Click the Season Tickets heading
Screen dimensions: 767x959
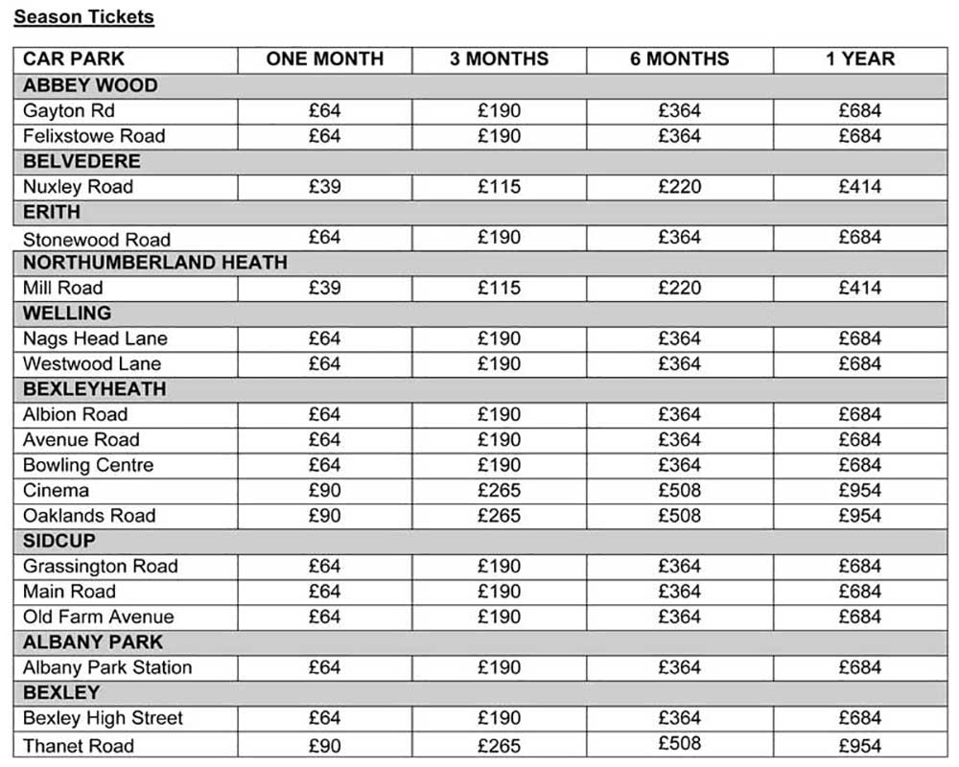[x=83, y=16]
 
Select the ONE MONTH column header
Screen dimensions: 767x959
[x=324, y=59]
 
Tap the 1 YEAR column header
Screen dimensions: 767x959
[x=859, y=59]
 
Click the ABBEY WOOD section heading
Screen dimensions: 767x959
[x=90, y=85]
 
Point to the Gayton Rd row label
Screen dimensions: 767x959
[x=69, y=110]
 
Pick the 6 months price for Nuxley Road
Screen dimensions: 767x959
[x=679, y=186]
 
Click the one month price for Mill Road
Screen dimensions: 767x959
[x=324, y=288]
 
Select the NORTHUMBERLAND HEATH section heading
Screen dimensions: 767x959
[x=154, y=262]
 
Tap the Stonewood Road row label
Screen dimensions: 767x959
[x=96, y=239]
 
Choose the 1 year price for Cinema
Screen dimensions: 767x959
[x=859, y=490]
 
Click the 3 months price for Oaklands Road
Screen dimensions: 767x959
[x=499, y=516]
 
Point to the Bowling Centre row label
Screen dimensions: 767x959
[x=88, y=465]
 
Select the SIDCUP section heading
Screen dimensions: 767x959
[x=59, y=541]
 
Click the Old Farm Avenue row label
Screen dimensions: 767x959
[x=99, y=616]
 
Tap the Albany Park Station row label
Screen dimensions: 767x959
[x=107, y=667]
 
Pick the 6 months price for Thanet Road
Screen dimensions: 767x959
[x=679, y=743]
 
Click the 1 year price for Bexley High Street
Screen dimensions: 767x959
[x=859, y=718]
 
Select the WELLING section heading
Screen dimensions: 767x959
[x=67, y=313]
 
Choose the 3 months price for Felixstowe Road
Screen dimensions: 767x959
[x=499, y=135]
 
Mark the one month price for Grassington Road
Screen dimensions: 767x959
[x=324, y=566]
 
